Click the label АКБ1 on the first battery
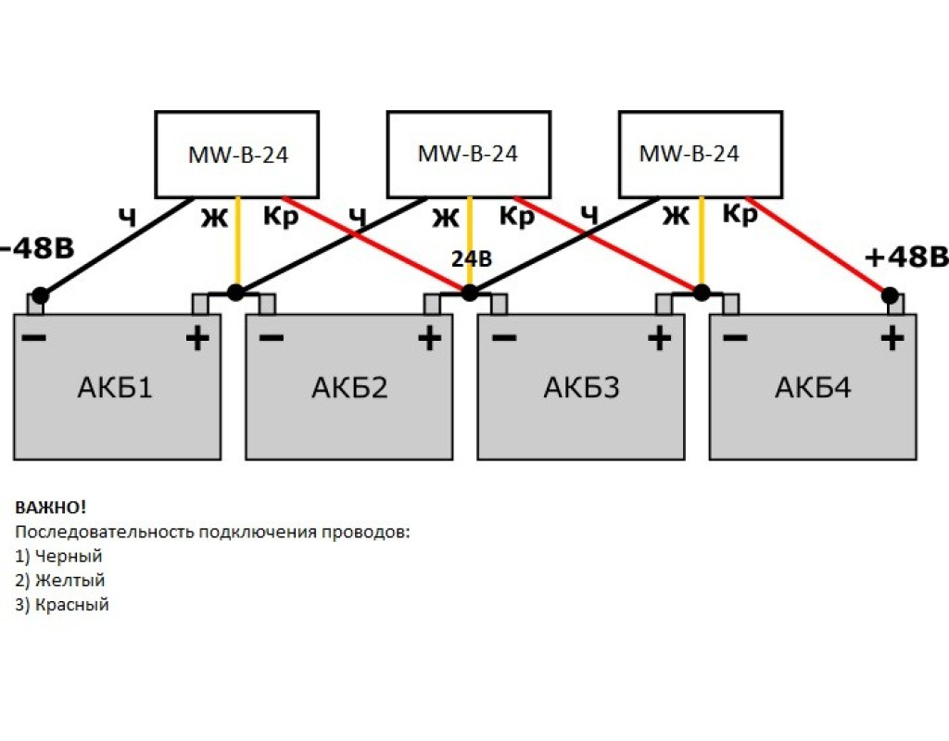116,386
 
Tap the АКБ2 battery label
348,386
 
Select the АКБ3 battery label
581,386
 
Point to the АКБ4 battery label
813,386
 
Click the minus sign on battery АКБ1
33,338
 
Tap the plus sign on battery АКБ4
892,338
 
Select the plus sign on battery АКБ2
429,338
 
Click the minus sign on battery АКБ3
503,338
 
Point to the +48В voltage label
905,257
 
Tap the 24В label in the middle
471,259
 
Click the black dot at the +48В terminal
890,296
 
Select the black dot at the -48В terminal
39,296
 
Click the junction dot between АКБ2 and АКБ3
469,293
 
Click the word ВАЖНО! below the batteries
51,508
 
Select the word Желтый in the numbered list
70,581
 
